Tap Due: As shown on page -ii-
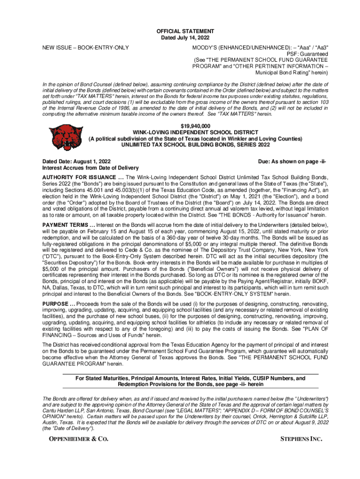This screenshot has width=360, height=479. [292, 161]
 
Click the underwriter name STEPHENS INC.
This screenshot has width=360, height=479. [301, 439]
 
